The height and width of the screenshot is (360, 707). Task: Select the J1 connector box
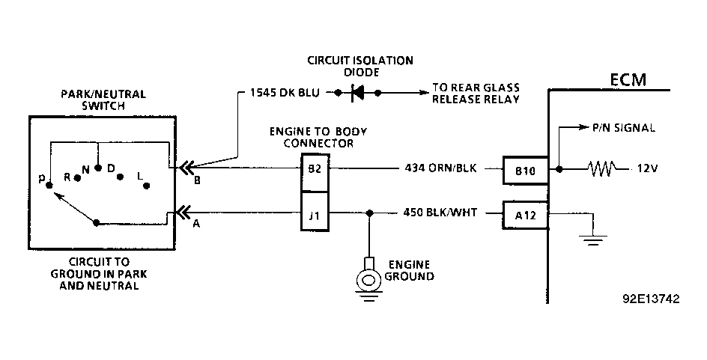pyautogui.click(x=315, y=211)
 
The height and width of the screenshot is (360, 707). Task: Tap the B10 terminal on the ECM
pyautogui.click(x=526, y=171)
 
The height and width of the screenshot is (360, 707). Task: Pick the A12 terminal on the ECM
pyautogui.click(x=526, y=215)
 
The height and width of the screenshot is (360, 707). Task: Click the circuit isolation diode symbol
pyautogui.click(x=358, y=94)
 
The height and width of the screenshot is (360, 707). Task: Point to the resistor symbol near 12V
pyautogui.click(x=602, y=169)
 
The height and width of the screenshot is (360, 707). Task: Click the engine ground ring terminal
pyautogui.click(x=368, y=280)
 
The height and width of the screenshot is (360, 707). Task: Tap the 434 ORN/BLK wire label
pyautogui.click(x=440, y=168)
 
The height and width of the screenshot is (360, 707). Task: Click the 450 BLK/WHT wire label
pyautogui.click(x=440, y=213)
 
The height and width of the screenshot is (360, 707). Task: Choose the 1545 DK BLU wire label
pyautogui.click(x=285, y=94)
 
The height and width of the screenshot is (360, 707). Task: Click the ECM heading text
pyautogui.click(x=628, y=80)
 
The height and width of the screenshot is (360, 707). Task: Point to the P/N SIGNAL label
pyautogui.click(x=624, y=128)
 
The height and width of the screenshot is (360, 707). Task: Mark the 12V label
pyautogui.click(x=647, y=169)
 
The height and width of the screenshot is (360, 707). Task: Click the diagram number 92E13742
pyautogui.click(x=651, y=299)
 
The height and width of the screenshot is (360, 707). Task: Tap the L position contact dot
pyautogui.click(x=146, y=186)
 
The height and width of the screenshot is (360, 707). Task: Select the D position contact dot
pyautogui.click(x=120, y=177)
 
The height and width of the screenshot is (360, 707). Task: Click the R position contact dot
pyautogui.click(x=77, y=178)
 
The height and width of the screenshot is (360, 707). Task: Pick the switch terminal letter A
pyautogui.click(x=196, y=224)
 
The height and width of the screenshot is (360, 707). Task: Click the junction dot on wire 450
pyautogui.click(x=369, y=213)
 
